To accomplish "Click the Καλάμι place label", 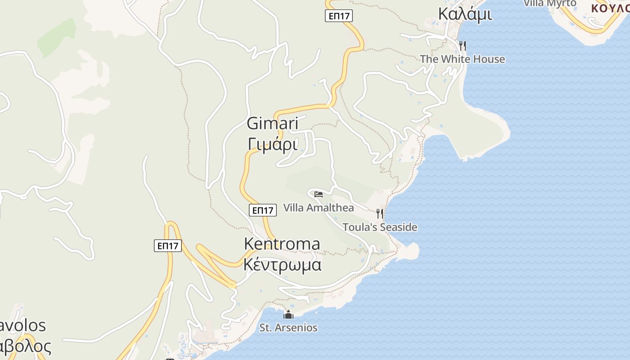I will (465, 14).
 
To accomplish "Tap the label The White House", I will (462, 59).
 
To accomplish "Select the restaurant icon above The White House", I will (462, 45).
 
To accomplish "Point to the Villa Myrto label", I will (550, 3).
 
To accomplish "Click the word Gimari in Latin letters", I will (273, 123).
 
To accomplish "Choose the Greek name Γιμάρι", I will (273, 144).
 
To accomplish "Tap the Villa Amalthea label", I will (318, 207).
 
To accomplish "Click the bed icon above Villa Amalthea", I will (319, 194).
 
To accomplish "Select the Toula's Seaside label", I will (380, 227).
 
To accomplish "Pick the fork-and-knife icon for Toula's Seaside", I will (380, 214).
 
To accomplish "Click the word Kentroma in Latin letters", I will (282, 243).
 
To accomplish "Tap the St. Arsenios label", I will (288, 328).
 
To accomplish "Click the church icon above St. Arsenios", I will (288, 315).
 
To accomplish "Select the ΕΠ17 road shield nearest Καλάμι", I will (338, 16).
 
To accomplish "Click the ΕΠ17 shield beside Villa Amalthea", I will (262, 210).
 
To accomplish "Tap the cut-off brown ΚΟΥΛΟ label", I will (610, 8).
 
